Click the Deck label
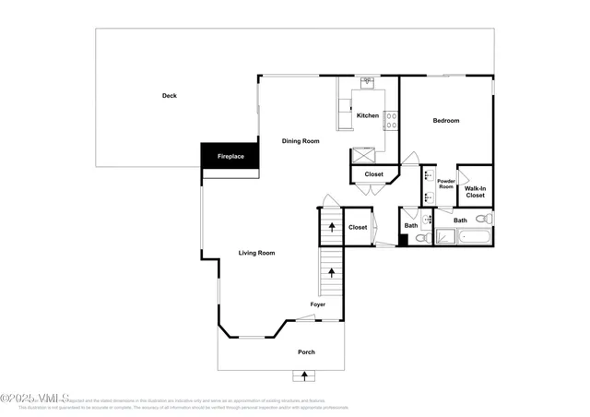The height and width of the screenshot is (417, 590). [x=169, y=96]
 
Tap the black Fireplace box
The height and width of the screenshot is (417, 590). [x=230, y=157]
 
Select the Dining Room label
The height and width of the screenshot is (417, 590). [x=301, y=141]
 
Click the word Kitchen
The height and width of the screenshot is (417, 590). [x=368, y=115]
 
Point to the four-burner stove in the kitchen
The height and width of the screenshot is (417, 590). [x=391, y=119]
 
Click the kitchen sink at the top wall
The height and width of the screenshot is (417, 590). [x=366, y=81]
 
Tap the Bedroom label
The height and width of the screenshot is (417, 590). [x=446, y=121]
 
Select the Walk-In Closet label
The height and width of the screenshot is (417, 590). [x=475, y=192]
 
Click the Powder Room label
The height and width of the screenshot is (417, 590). [x=446, y=183]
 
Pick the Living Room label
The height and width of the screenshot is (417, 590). [x=257, y=253]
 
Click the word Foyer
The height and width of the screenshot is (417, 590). [x=317, y=304]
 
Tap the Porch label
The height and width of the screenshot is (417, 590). [x=306, y=352]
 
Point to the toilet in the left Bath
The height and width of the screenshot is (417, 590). [x=419, y=238]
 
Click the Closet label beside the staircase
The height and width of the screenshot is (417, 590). [x=358, y=227]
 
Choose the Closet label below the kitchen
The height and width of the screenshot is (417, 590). [x=373, y=174]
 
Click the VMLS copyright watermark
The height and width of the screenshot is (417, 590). [x=34, y=399]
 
